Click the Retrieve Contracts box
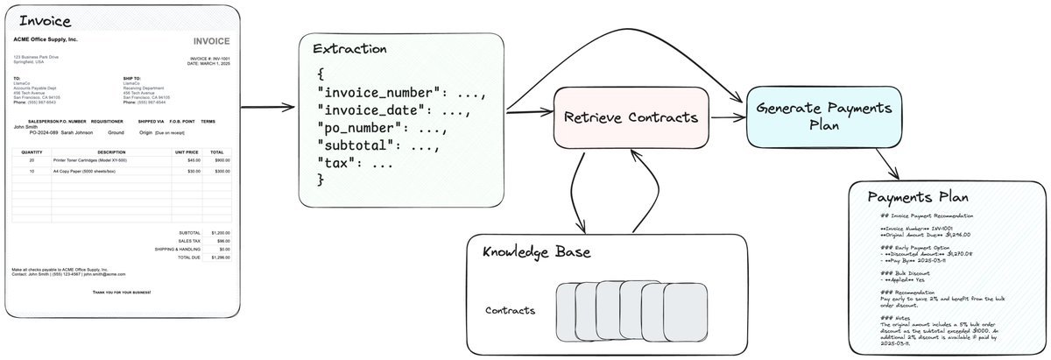click(x=631, y=117)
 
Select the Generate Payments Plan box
click(x=824, y=117)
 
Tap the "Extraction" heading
click(x=349, y=49)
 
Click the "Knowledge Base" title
click(x=537, y=252)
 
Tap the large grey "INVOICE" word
click(x=211, y=41)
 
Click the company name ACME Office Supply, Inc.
click(x=46, y=40)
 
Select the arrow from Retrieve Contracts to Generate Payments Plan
click(x=726, y=117)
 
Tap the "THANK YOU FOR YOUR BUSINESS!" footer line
click(x=122, y=291)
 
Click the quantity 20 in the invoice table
click(x=32, y=160)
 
